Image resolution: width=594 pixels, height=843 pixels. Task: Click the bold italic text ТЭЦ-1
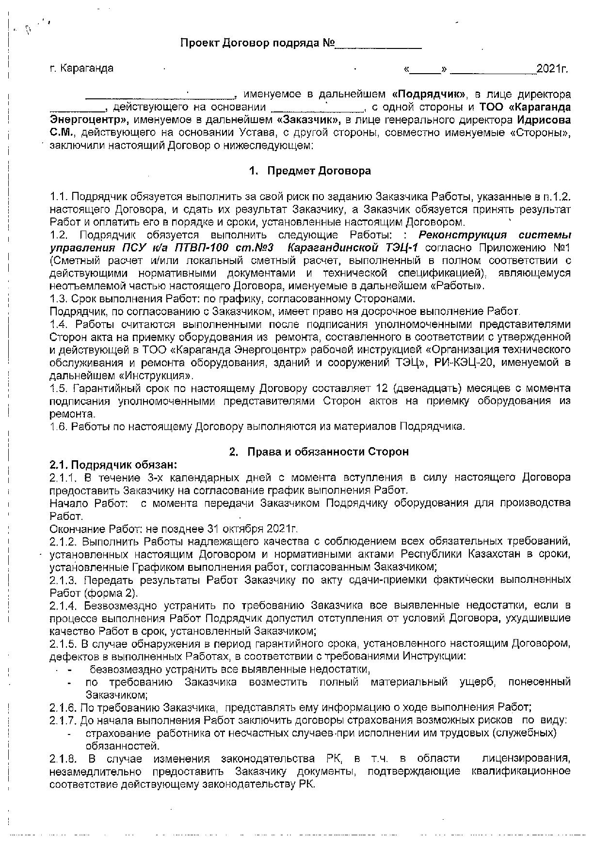[x=401, y=248]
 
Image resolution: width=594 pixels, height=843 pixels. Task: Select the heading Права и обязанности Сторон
[x=328, y=452]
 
